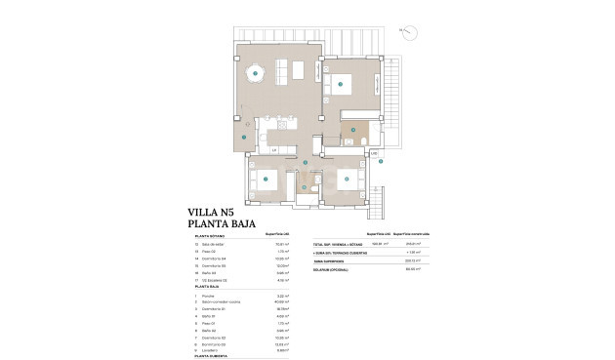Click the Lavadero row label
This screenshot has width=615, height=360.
point(210,349)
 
